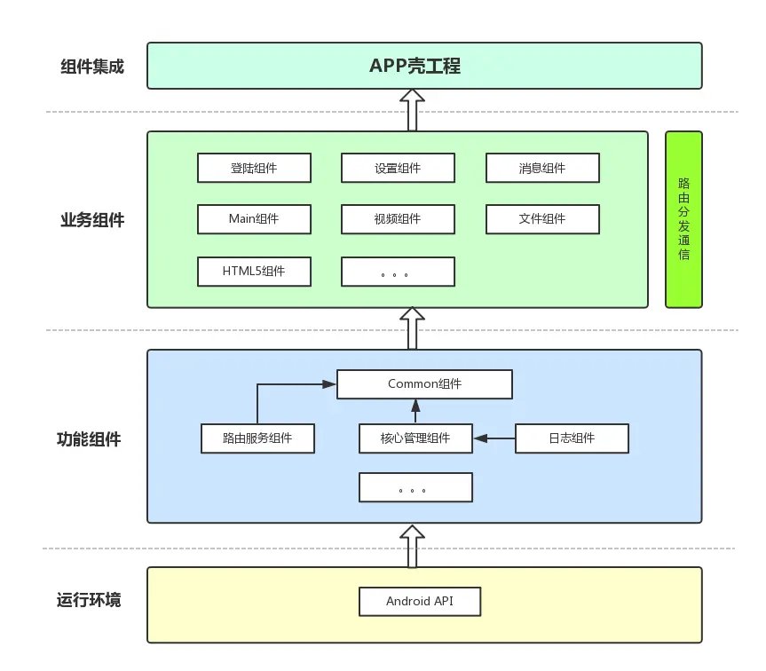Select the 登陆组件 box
(254, 168)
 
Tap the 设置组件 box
(398, 168)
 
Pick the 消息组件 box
(542, 168)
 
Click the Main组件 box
(254, 218)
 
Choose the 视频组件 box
(398, 218)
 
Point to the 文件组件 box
(542, 218)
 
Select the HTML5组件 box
(254, 272)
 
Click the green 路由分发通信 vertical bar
(683, 219)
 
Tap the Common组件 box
(424, 384)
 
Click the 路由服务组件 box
(257, 438)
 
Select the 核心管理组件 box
(415, 438)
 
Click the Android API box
(419, 601)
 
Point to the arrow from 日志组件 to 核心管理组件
(494, 438)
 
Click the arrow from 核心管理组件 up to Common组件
(415, 411)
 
